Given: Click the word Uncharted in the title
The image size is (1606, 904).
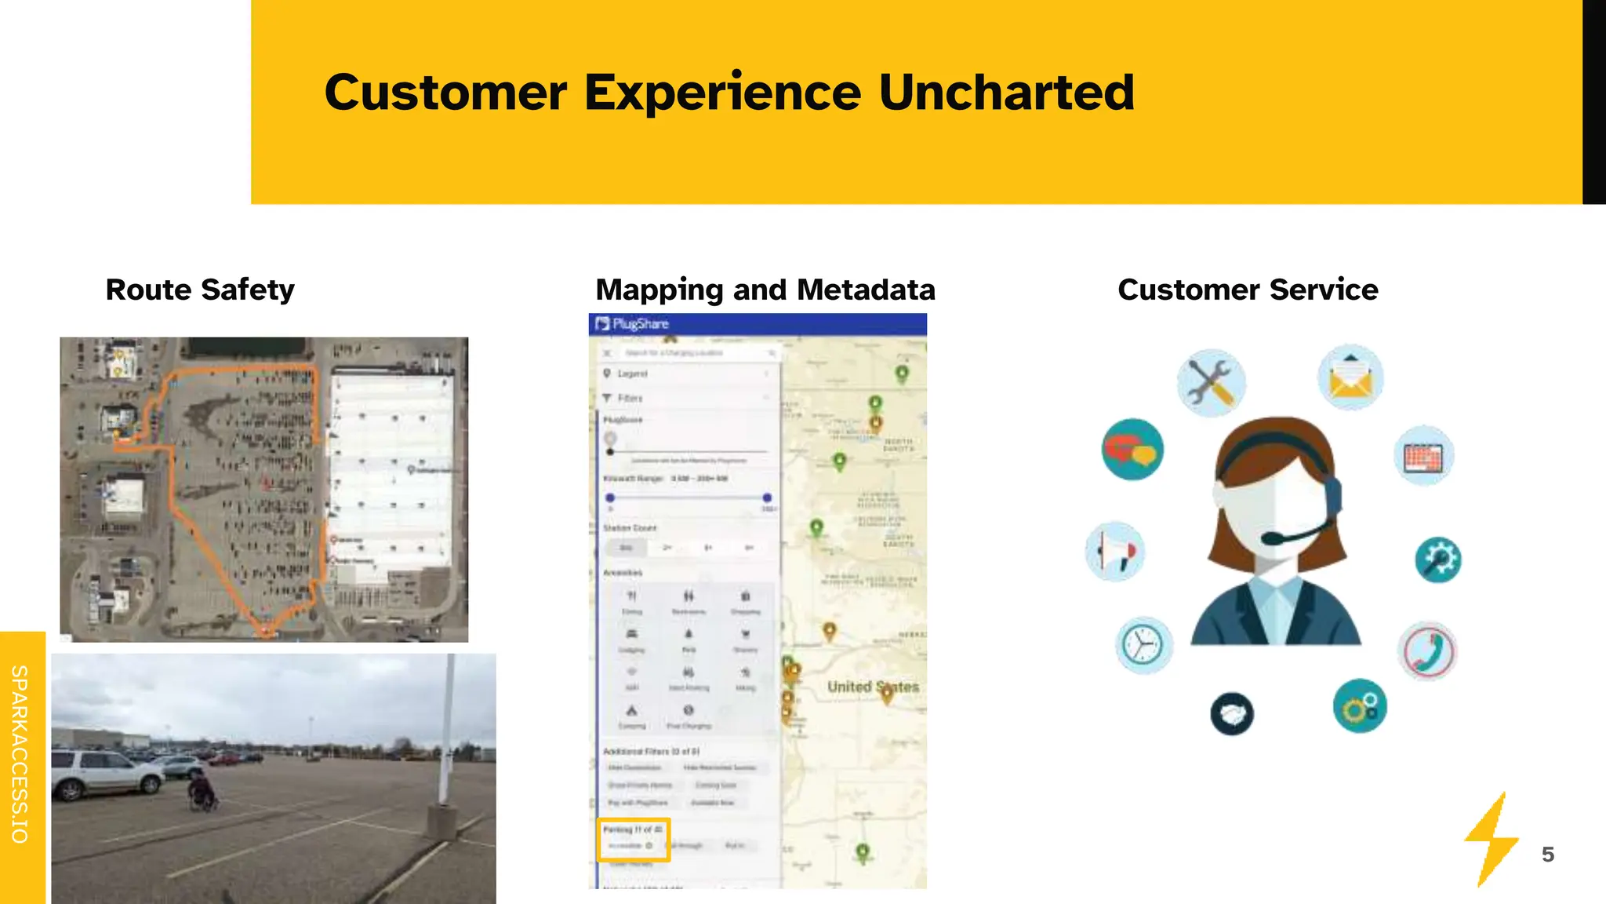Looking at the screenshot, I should (1006, 93).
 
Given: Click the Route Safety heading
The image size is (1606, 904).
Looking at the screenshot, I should (200, 290).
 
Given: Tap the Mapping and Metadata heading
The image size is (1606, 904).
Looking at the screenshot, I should (765, 290).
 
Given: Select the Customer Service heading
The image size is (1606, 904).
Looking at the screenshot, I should (1248, 290).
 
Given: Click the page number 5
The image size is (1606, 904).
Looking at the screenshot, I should (1547, 855).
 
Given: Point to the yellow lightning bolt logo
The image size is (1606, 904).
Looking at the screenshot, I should (1491, 840).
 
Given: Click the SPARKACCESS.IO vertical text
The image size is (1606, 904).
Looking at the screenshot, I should (20, 754).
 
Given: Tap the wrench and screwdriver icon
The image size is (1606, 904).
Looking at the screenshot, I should (1210, 383).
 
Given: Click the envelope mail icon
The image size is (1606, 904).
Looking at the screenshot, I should (1350, 377).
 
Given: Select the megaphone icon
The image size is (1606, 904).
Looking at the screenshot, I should (1115, 551).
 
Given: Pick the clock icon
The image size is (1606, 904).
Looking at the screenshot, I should (1143, 645).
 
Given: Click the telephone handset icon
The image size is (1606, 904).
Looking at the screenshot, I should (1427, 651).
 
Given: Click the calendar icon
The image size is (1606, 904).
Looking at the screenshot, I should (1424, 456).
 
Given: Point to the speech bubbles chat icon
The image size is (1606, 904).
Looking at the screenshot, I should (1132, 450).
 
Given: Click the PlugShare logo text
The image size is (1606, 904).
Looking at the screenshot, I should (640, 324).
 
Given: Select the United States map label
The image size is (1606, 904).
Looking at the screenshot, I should (873, 687).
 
